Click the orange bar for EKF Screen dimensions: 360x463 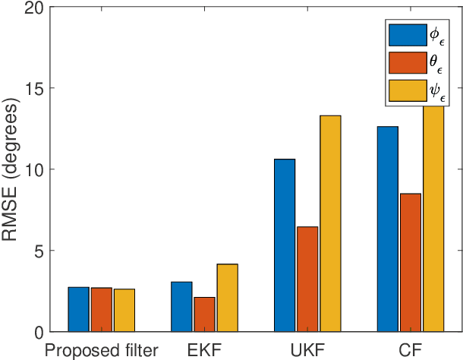point(204,314)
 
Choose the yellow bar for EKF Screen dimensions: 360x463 point(228,298)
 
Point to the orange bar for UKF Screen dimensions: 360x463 point(307,279)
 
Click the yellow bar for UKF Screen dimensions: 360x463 point(330,224)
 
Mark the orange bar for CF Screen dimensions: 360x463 point(411,263)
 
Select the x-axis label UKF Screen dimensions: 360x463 point(307,350)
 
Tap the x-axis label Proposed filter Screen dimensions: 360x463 point(101,350)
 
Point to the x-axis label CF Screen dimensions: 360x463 point(411,350)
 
